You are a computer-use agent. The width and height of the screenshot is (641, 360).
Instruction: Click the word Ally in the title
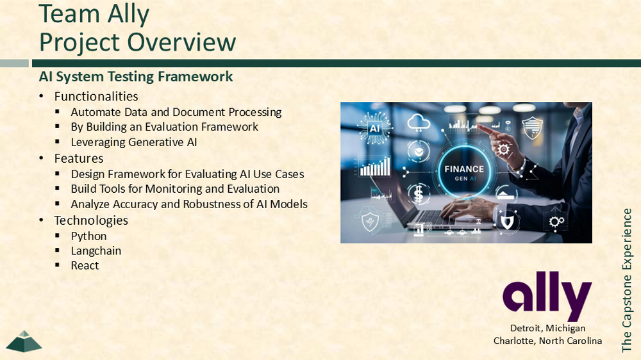pos(122,14)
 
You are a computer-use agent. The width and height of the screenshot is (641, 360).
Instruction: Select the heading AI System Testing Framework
pos(136,76)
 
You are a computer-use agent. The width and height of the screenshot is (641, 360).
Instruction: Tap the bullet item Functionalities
pos(96,97)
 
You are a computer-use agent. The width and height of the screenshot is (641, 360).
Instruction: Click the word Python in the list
pos(88,236)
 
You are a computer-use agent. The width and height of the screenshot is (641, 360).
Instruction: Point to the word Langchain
pos(96,251)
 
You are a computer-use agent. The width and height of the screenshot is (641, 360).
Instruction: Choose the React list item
pos(85,266)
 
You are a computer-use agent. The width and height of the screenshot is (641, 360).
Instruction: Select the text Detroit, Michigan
pos(548,328)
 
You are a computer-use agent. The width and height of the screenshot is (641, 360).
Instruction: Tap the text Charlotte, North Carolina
pos(548,341)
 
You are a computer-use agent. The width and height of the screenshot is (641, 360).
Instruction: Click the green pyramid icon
pos(24,341)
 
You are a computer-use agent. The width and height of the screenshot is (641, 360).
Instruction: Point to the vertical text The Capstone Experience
pos(627,281)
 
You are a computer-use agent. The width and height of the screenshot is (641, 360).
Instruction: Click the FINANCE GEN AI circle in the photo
pos(464,172)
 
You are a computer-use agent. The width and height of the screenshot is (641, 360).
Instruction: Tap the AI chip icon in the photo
pos(374,128)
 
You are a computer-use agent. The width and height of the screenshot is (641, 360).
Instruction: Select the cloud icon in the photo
pos(419,122)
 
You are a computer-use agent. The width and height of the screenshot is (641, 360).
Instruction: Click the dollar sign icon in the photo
pos(418,193)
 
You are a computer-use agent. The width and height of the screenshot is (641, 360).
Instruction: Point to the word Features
pos(79,159)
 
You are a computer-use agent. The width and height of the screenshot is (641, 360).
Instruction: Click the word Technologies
pos(91,220)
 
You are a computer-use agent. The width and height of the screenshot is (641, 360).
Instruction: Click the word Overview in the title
pos(181,42)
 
